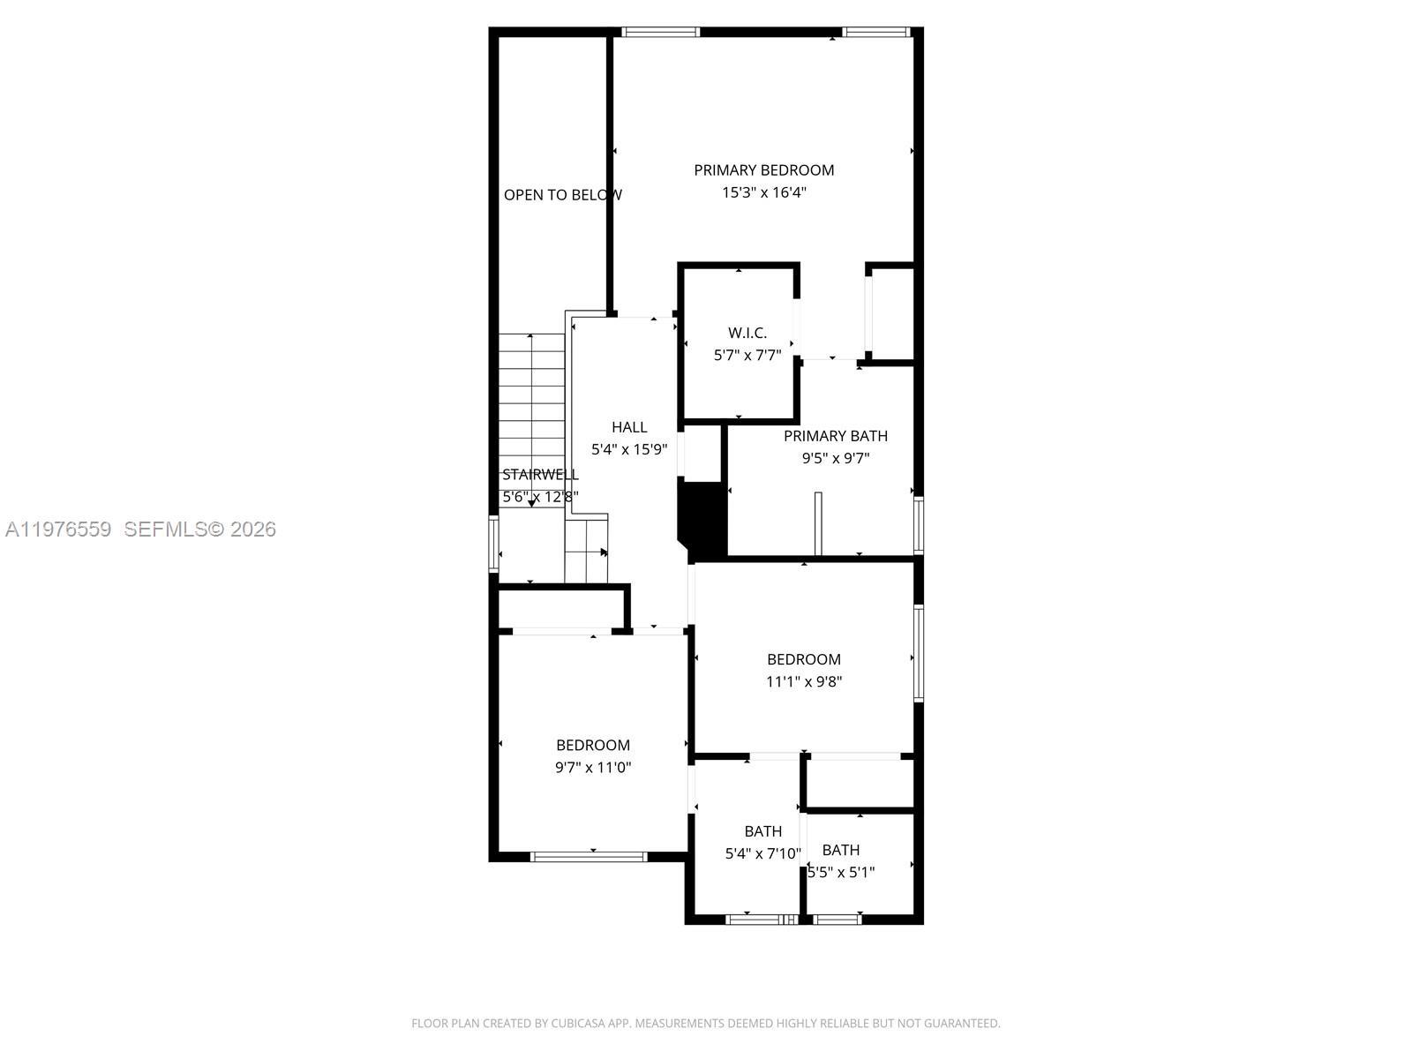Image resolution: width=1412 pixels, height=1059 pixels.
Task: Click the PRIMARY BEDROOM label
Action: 763,170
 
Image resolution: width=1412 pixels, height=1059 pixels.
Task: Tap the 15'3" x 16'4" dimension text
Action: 764,192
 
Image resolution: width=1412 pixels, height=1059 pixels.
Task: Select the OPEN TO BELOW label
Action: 562,195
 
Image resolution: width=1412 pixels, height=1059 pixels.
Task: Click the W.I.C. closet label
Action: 747,333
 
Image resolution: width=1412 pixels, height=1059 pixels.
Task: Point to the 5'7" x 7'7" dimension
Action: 747,356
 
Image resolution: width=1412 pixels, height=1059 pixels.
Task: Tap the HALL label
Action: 629,427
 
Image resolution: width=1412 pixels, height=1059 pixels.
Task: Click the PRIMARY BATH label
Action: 835,436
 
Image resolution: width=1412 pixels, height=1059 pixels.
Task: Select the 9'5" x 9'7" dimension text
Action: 835,458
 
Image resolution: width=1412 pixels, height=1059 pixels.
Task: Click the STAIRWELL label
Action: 540,475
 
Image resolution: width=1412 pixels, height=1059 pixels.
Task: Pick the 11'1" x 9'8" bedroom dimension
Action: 803,681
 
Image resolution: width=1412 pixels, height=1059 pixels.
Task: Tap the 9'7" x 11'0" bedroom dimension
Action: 593,768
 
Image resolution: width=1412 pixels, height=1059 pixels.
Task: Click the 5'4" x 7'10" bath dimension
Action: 762,853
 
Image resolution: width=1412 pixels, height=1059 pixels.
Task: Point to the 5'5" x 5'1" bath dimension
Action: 841,873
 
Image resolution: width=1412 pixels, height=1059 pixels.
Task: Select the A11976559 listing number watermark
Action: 58,529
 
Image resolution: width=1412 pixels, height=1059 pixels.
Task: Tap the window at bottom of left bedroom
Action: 590,856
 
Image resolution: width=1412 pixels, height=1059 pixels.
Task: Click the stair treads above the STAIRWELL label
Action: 531,397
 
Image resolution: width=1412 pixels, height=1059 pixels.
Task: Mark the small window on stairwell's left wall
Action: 494,544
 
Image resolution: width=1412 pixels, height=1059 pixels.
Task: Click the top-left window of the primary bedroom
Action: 660,33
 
